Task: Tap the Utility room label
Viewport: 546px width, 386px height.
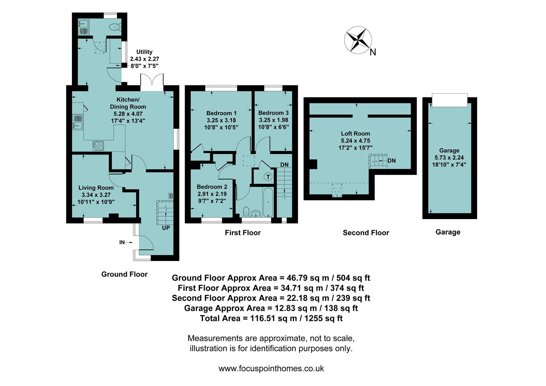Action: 144,52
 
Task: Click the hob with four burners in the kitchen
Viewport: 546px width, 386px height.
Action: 98,145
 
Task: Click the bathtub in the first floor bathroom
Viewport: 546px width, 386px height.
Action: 268,203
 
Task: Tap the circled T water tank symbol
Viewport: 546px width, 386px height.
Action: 268,177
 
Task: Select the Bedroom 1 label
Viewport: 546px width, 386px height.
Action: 216,113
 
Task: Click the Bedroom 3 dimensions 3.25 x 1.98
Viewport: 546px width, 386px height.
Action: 273,120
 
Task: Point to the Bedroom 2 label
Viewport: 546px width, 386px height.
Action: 212,187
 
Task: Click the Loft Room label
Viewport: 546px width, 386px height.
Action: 355,134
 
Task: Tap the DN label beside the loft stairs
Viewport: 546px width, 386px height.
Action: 392,161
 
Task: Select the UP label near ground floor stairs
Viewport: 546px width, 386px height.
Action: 166,228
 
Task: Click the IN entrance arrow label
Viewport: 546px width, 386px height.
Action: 122,242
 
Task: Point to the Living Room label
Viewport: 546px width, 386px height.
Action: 96,188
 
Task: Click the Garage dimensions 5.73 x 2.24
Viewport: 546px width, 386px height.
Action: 449,158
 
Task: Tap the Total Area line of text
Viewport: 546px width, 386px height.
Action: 271,318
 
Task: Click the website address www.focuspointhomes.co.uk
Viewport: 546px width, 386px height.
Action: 271,368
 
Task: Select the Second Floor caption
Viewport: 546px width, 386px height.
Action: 366,233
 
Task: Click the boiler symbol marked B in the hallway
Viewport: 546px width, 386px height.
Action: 171,196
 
